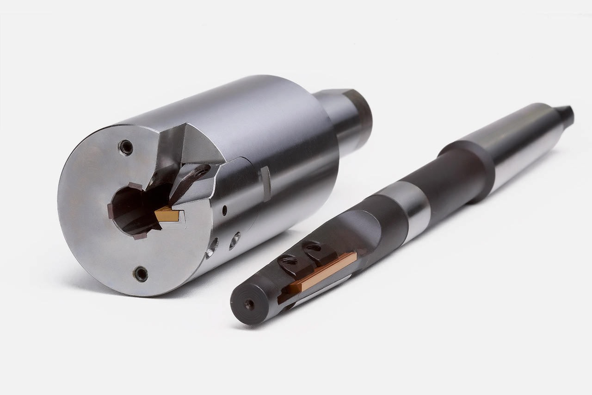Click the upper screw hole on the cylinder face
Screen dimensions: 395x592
(x=126, y=147)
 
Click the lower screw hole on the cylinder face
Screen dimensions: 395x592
(x=141, y=274)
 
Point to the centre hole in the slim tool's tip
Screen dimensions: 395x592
(x=249, y=304)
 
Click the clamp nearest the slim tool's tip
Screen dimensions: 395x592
(x=290, y=264)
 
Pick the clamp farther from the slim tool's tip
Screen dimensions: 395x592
(x=318, y=251)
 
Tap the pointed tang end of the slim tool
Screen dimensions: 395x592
(x=565, y=114)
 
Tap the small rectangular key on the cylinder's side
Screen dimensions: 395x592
(x=265, y=183)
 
